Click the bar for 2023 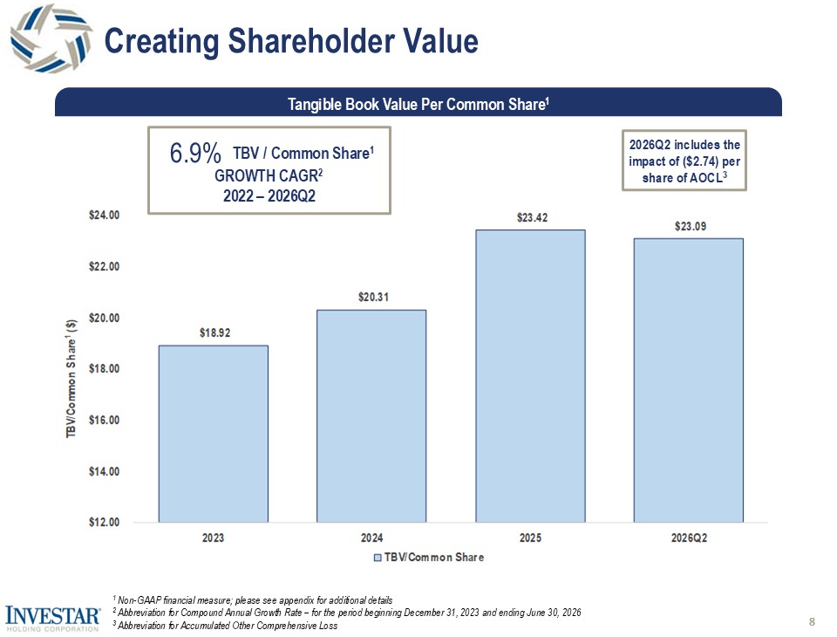[214, 434]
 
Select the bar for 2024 [371, 415]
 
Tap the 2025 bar [531, 376]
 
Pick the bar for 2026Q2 [689, 380]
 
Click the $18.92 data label [215, 333]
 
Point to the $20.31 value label [374, 298]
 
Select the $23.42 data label [532, 217]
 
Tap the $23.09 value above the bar [691, 226]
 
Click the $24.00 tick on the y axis [104, 216]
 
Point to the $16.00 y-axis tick [104, 420]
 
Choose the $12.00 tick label [104, 522]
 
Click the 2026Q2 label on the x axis [689, 538]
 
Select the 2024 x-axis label [372, 538]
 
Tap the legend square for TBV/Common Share [378, 558]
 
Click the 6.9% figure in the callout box [195, 154]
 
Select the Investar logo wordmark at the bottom [53, 616]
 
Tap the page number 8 [812, 621]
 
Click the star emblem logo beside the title [51, 38]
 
